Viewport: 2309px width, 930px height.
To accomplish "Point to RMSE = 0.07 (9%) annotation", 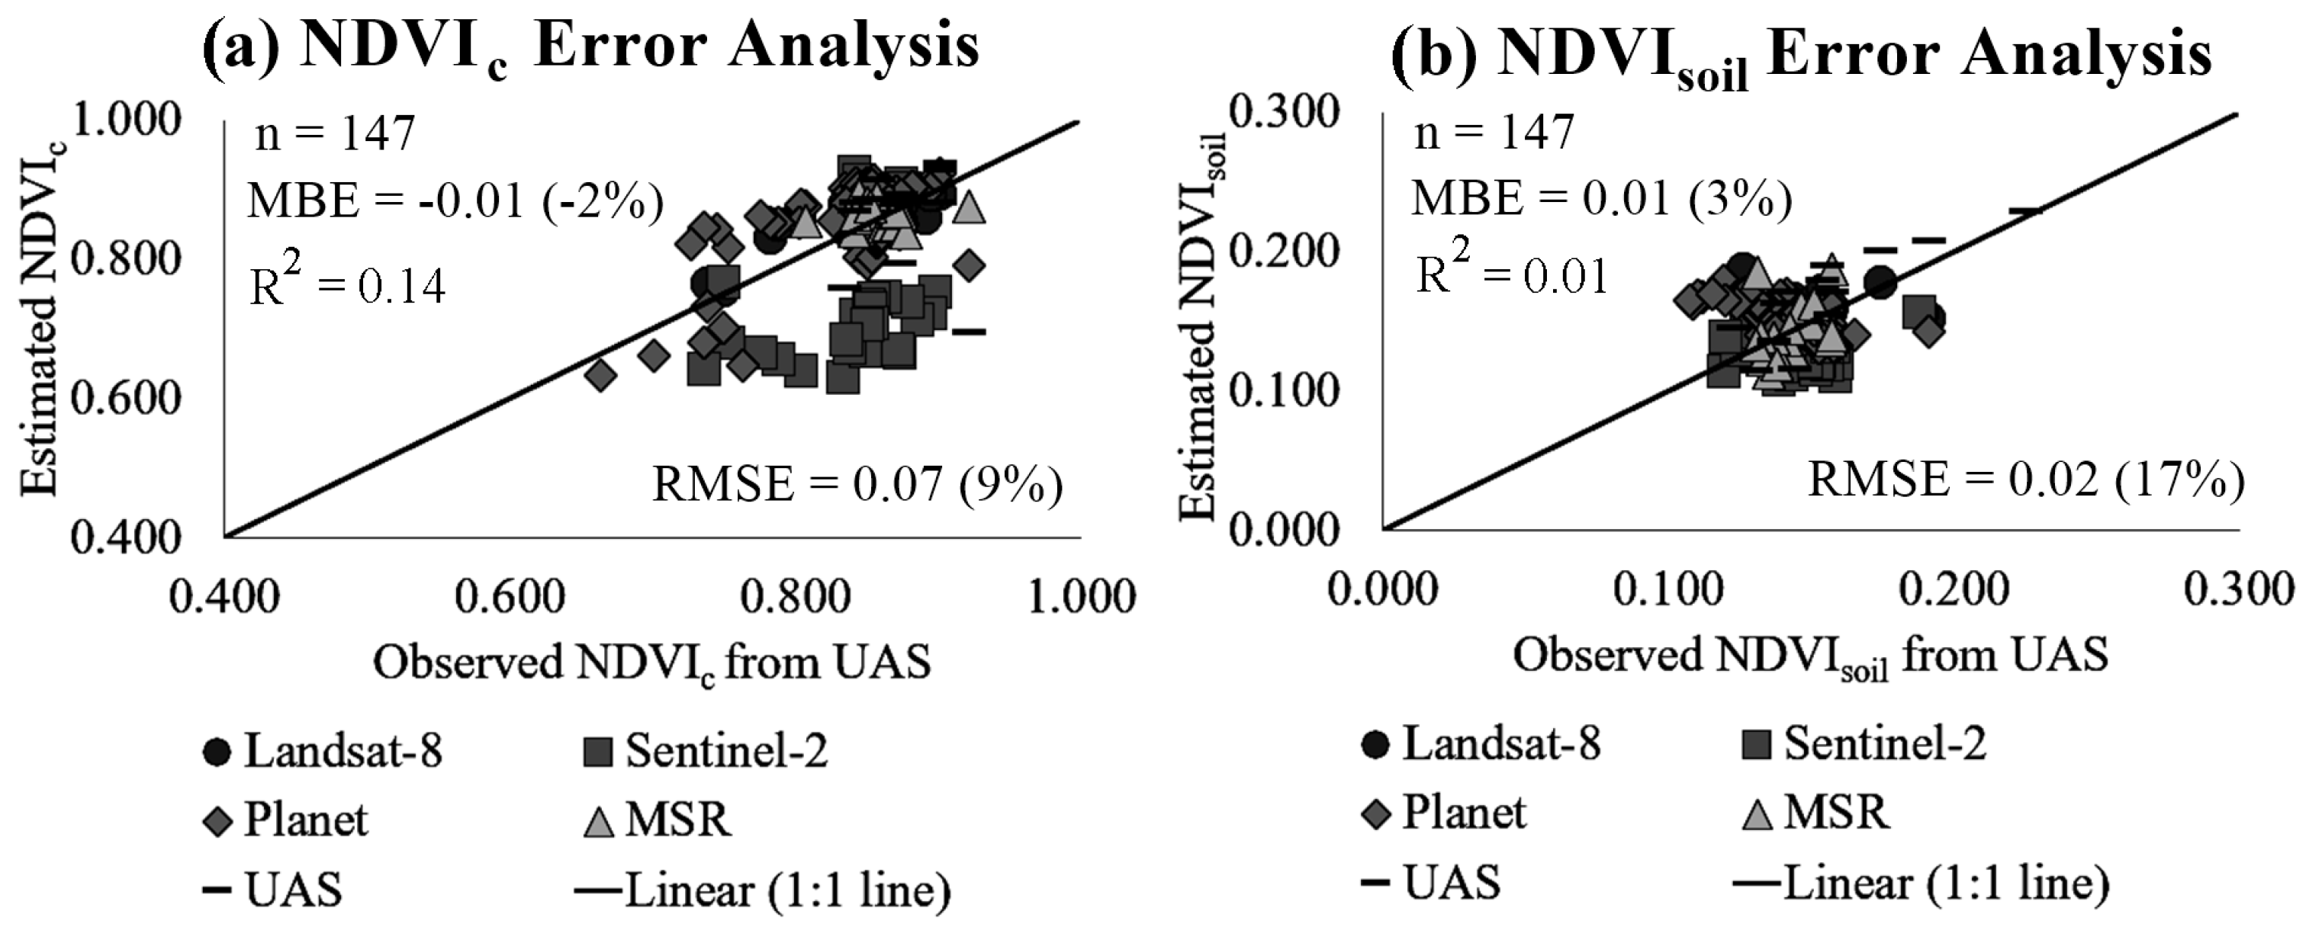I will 857,485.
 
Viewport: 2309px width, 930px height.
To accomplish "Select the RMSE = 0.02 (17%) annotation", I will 2026,479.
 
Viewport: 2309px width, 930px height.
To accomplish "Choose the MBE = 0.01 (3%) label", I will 1601,198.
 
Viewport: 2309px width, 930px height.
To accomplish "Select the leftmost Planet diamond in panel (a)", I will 600,374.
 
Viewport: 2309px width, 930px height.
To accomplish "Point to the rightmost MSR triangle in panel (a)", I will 970,207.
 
